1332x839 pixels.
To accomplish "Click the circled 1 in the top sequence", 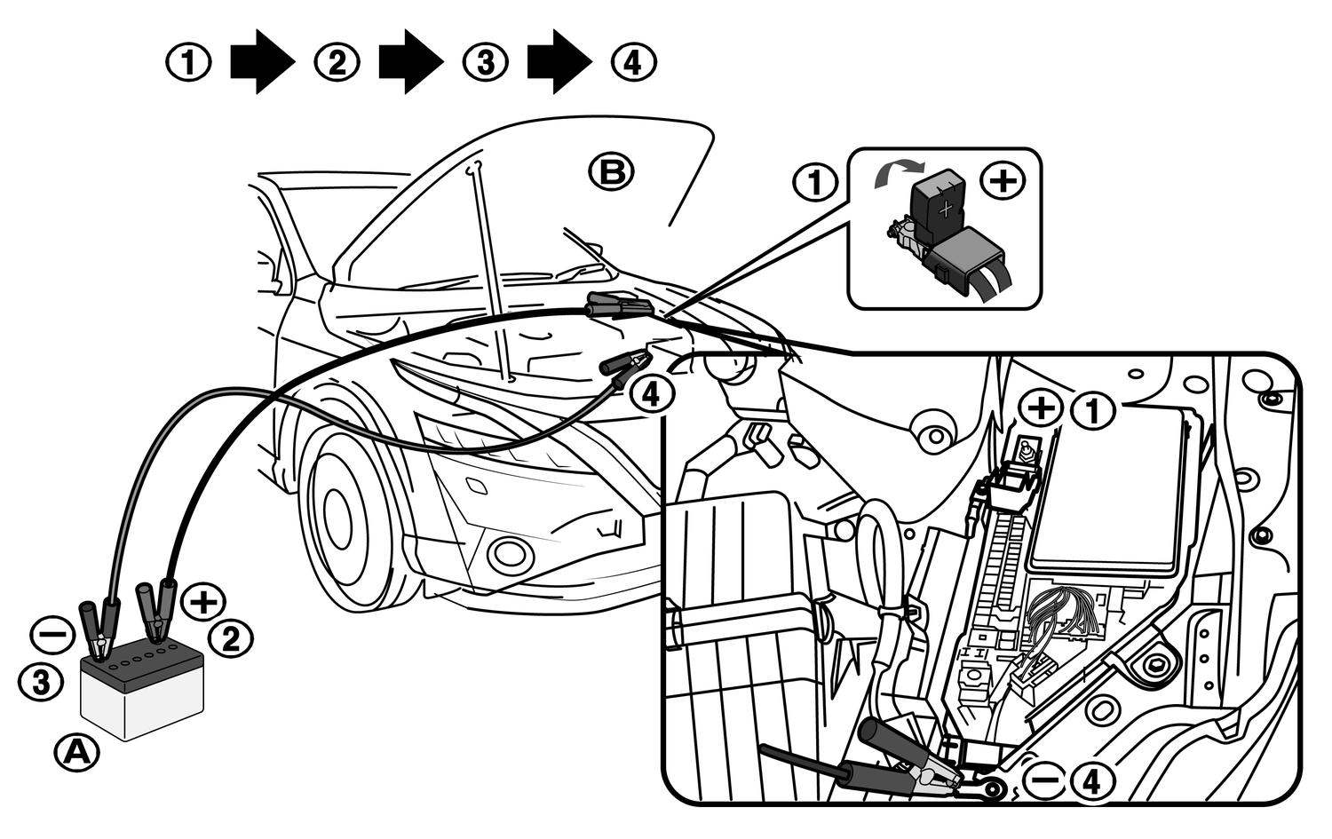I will (189, 63).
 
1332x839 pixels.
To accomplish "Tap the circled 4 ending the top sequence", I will (634, 63).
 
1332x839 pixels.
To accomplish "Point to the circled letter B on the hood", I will (613, 171).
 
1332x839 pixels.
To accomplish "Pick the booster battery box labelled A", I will (142, 697).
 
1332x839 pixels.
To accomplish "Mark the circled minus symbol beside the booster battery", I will (52, 635).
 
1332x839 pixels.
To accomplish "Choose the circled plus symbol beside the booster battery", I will (204, 601).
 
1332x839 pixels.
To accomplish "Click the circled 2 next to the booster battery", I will (231, 637).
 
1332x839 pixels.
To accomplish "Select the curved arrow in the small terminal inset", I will (897, 171).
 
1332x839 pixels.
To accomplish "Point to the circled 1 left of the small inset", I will (815, 183).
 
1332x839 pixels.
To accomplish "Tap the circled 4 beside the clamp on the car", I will (652, 393).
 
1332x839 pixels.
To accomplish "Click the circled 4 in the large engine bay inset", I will (1092, 781).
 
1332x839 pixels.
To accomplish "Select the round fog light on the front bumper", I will (510, 552).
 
